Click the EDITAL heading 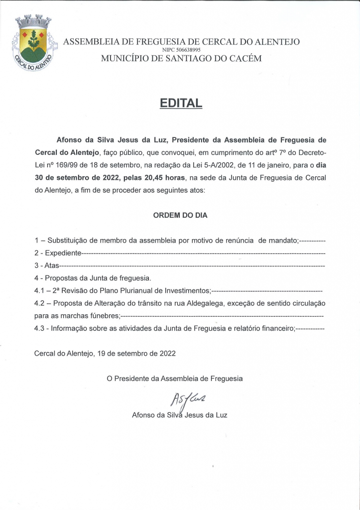coord(180,103)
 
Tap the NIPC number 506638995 coord(182,50)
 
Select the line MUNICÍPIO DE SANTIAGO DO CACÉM coord(181,59)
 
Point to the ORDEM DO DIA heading coord(180,216)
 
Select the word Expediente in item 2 coord(63,254)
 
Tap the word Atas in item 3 coord(51,266)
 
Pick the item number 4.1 coord(40,290)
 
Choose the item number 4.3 coord(40,328)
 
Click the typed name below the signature coord(179,414)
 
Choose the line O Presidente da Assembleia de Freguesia coord(175,379)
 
